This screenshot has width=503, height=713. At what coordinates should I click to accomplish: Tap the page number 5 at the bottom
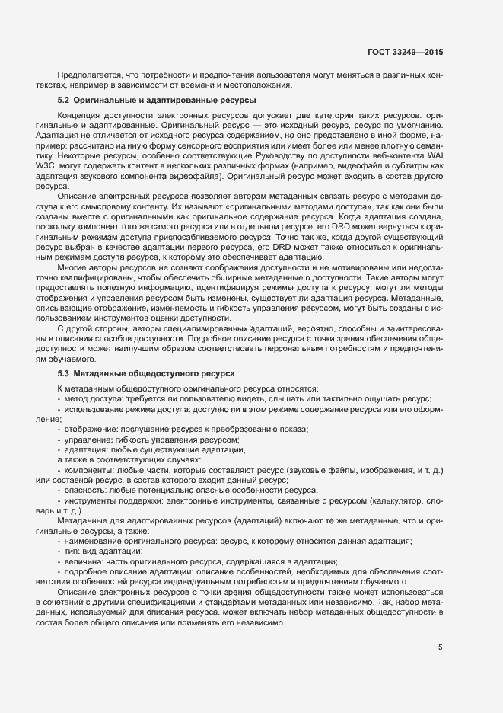click(440, 647)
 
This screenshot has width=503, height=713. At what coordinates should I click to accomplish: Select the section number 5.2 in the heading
click(64, 101)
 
